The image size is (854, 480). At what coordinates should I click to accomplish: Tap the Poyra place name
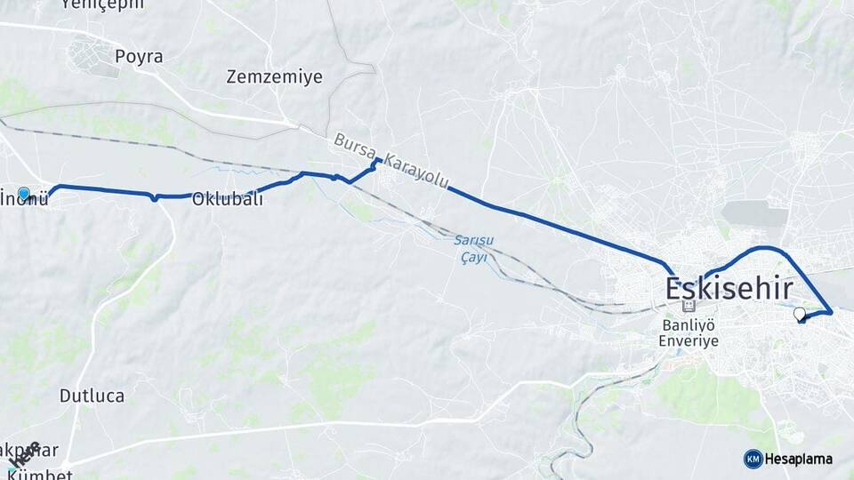point(139,57)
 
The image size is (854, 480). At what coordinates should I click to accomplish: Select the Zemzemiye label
point(274,76)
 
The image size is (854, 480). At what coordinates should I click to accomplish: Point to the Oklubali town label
point(228,199)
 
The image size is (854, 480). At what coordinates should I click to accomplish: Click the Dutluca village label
point(92,396)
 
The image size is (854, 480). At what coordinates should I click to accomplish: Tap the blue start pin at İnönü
point(23,193)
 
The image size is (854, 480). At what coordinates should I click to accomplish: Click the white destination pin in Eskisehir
point(799,313)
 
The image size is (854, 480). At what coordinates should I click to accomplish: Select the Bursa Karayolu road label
point(391,163)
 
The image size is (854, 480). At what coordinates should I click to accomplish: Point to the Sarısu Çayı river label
point(473,249)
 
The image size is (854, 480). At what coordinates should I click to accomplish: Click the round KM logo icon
point(753,459)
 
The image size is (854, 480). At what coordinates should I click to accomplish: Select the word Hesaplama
point(799,460)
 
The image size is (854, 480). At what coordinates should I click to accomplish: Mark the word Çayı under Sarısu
point(473,257)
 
